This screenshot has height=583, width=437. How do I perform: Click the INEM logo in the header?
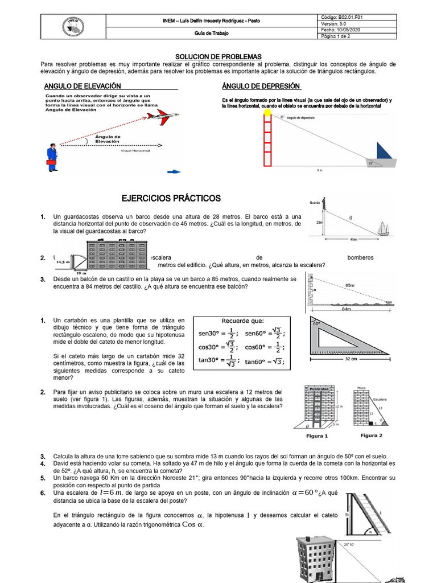coord(71,26)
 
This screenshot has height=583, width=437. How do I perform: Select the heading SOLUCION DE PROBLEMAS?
coord(218,57)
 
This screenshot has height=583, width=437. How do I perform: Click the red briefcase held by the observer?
coord(52,163)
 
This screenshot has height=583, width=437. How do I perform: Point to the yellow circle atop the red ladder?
coord(268,113)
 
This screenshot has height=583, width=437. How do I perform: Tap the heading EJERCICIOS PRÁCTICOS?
coord(171,198)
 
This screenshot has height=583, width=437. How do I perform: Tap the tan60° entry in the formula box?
coord(265,361)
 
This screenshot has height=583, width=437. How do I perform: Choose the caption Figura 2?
coord(371,436)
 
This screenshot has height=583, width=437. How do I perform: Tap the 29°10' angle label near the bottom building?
coord(349,544)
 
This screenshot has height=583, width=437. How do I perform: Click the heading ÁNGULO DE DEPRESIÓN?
coord(261,86)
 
